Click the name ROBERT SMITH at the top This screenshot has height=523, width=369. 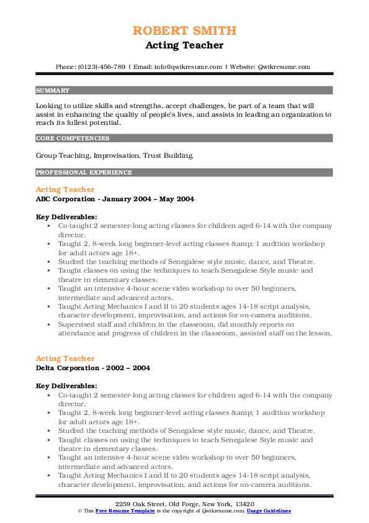(x=184, y=30)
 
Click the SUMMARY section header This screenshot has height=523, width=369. (x=53, y=90)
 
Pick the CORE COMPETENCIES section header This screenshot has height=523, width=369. (x=73, y=139)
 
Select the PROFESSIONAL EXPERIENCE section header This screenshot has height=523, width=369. (x=84, y=173)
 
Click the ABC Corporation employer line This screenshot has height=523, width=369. (x=115, y=199)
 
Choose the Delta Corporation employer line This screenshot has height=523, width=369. (x=92, y=368)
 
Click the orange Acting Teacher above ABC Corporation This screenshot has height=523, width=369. (x=65, y=189)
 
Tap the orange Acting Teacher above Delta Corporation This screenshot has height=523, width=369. (x=65, y=358)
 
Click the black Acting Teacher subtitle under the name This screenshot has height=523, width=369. (x=184, y=45)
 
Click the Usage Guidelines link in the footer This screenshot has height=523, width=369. (x=268, y=511)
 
